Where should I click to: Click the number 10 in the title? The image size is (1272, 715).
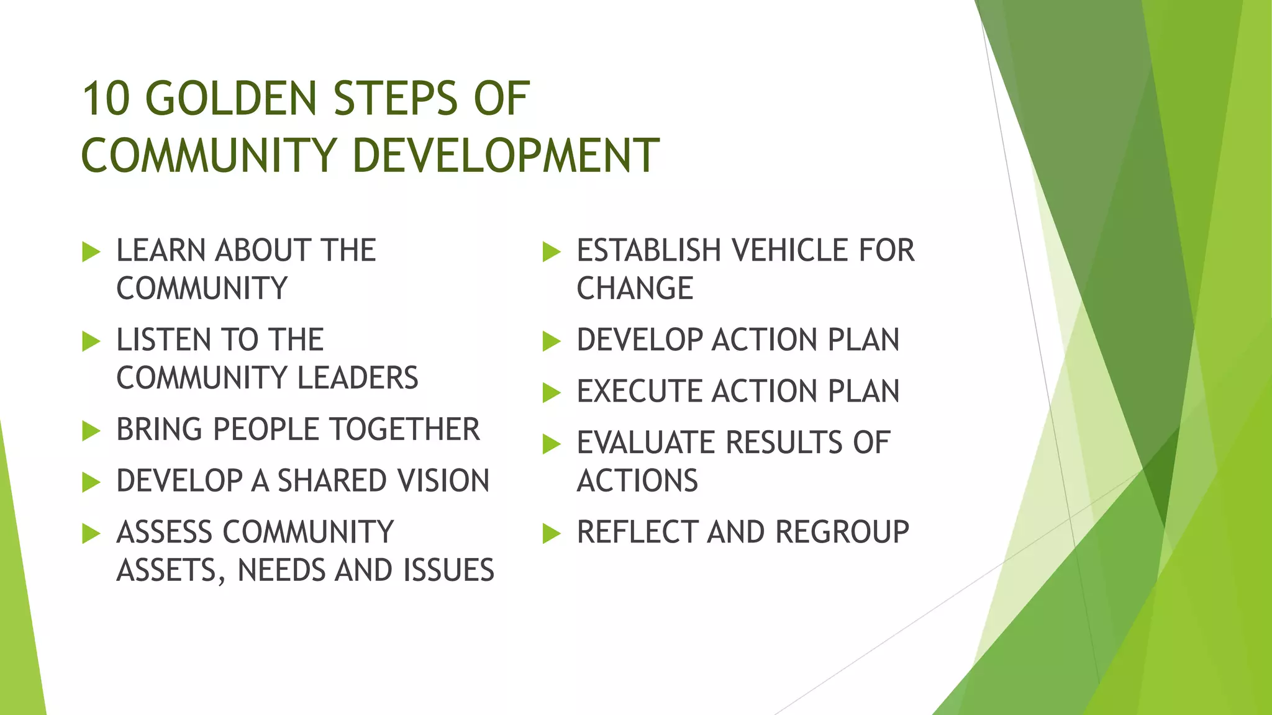pyautogui.click(x=106, y=99)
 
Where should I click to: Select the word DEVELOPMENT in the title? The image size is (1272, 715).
pyautogui.click(x=506, y=155)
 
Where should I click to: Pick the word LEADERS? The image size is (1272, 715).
pyautogui.click(x=358, y=378)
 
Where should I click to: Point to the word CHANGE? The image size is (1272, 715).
pyautogui.click(x=635, y=289)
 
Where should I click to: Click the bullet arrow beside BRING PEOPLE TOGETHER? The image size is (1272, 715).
pyautogui.click(x=91, y=431)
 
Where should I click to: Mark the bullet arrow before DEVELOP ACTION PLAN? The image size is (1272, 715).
pyautogui.click(x=552, y=341)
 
